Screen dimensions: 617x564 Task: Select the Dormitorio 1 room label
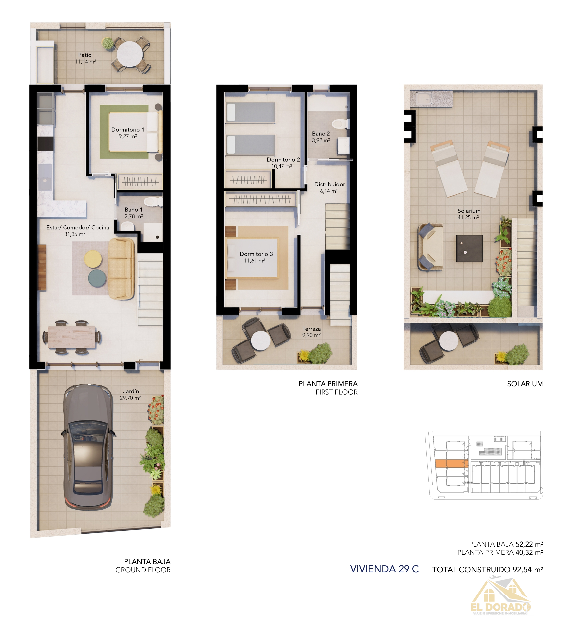point(128,130)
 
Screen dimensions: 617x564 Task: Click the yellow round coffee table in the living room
point(93,259)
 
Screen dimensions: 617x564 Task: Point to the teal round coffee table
point(97,278)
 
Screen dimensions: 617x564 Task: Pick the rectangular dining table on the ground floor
point(72,337)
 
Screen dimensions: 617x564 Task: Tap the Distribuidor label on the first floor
point(329,184)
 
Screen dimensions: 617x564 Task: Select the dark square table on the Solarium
point(469,248)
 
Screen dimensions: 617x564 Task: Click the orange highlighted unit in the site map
point(451,463)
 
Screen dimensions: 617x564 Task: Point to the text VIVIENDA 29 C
point(384,569)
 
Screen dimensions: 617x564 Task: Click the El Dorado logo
point(500,597)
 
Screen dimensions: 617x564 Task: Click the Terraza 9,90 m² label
point(311,332)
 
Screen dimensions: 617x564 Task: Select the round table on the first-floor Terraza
point(261,340)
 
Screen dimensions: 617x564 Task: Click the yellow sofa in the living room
point(121,269)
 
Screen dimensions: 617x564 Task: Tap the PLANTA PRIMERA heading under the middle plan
point(328,384)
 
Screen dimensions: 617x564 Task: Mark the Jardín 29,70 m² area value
point(130,398)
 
